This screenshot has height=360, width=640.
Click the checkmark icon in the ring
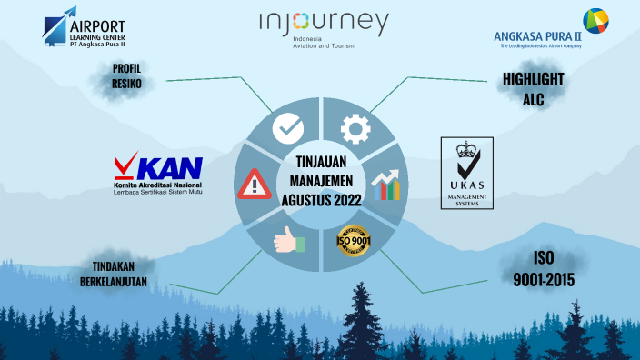(x=287, y=128)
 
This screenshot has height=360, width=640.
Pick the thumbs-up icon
(x=287, y=240)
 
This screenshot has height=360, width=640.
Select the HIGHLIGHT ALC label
(x=533, y=89)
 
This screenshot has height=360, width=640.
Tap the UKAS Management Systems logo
(x=466, y=173)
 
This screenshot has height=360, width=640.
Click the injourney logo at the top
(x=323, y=24)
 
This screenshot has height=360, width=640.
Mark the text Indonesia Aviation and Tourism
(x=324, y=43)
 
